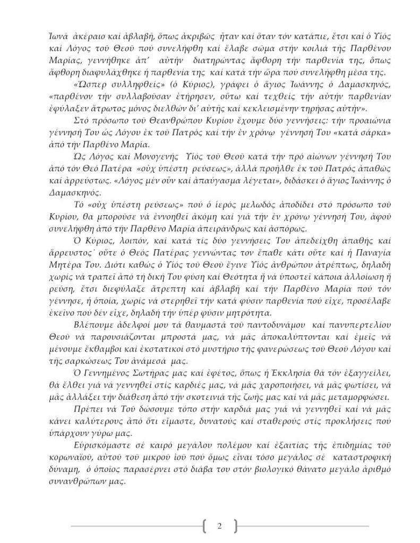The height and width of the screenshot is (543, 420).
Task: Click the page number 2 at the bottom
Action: (219, 526)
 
